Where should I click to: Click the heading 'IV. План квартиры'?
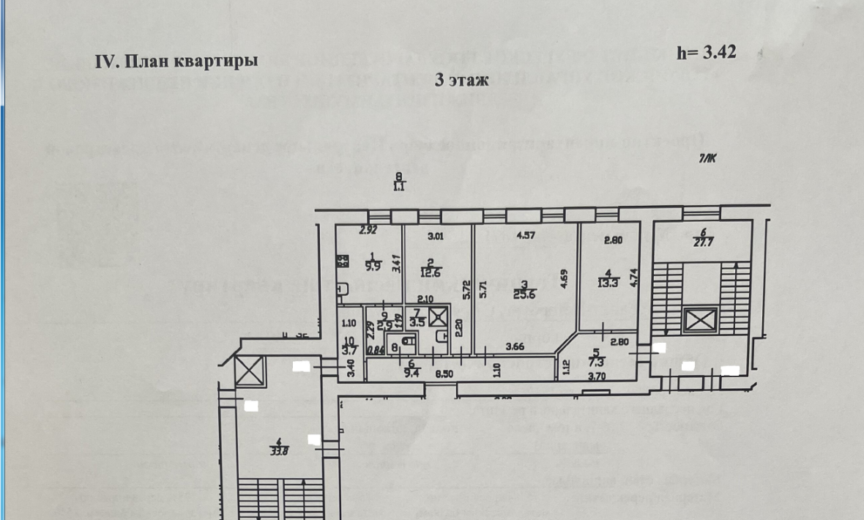tap(176, 61)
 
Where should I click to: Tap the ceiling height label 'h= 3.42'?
tap(706, 52)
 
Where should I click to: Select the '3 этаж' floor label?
tap(461, 80)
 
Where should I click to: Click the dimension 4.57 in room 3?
tap(526, 236)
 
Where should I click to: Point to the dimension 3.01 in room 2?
tap(436, 236)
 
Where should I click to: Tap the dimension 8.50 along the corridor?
tap(443, 374)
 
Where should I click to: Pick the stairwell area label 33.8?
tap(278, 450)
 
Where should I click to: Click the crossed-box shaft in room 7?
tap(438, 318)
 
